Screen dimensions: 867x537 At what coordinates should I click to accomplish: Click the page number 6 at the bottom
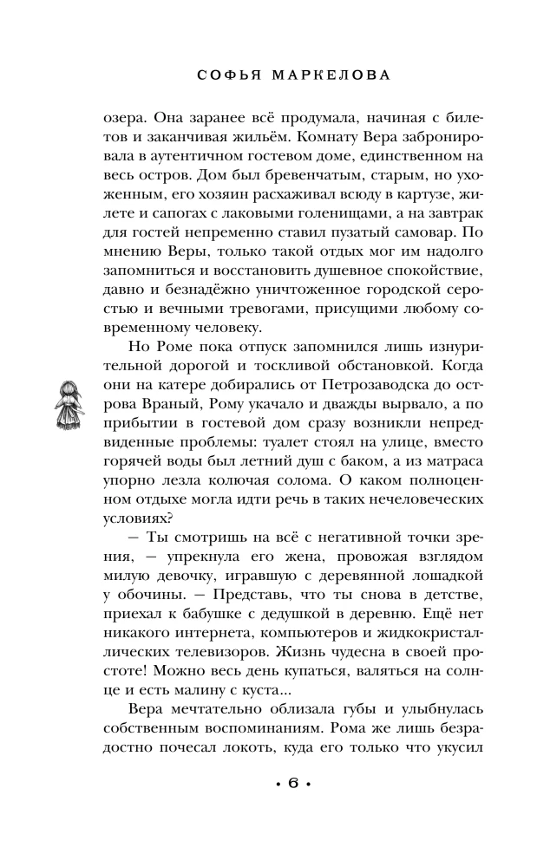coord(292,809)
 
